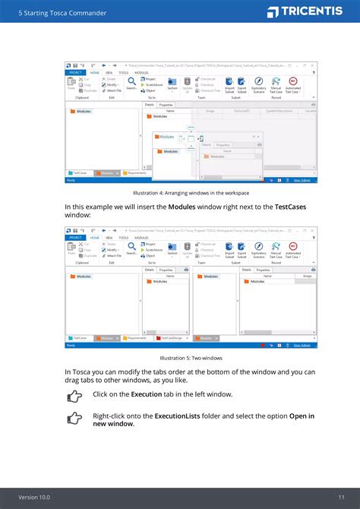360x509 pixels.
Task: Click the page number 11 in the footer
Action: (341, 497)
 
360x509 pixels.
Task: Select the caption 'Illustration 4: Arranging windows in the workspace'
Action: (180, 193)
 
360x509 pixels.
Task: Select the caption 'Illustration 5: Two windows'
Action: (180, 357)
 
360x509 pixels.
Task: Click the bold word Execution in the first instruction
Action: (146, 394)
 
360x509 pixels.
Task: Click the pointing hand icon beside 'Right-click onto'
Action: (74, 418)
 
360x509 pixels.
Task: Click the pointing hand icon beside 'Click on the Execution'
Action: (74, 396)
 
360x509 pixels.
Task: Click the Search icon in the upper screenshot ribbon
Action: (132, 82)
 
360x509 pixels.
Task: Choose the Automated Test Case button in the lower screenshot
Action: (292, 250)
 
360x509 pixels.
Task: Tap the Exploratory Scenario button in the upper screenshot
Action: (259, 84)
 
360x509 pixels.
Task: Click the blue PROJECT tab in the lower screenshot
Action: (75, 237)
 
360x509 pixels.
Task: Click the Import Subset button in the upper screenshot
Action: (229, 84)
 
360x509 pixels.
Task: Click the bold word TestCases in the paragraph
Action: (295, 207)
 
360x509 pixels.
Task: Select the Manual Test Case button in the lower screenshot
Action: (276, 250)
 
